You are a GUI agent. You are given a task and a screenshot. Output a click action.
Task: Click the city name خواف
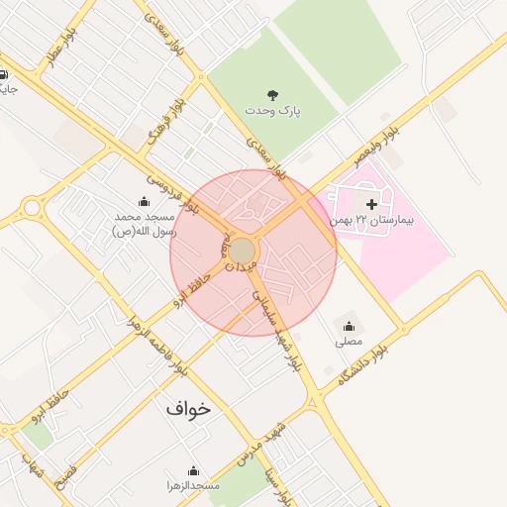pyautogui.click(x=188, y=407)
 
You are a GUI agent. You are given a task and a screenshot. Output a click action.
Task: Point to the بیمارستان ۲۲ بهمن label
pyautogui.click(x=373, y=220)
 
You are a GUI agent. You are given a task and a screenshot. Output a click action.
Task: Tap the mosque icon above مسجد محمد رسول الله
pyautogui.click(x=145, y=201)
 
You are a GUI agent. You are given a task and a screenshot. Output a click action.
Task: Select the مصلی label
pyautogui.click(x=349, y=342)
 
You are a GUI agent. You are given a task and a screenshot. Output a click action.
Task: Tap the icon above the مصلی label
pyautogui.click(x=349, y=326)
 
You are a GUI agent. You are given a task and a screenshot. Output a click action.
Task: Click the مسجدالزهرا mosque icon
pyautogui.click(x=193, y=470)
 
